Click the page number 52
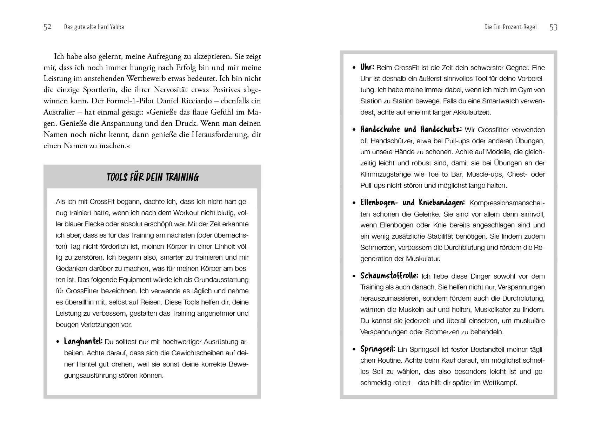pos(47,27)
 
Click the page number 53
pos(553,27)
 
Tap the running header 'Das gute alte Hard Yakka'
pos(94,27)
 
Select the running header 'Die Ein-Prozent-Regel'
pos(510,27)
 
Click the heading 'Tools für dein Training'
pos(152,177)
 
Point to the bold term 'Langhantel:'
pos(83,341)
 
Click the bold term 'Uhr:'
pos(367,67)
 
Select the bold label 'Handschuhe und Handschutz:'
pos(411,129)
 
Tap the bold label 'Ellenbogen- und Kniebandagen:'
pos(413,203)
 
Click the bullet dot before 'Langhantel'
pos(58,342)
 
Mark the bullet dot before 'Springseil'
pos(354,350)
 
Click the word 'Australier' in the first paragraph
pos(60,112)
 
